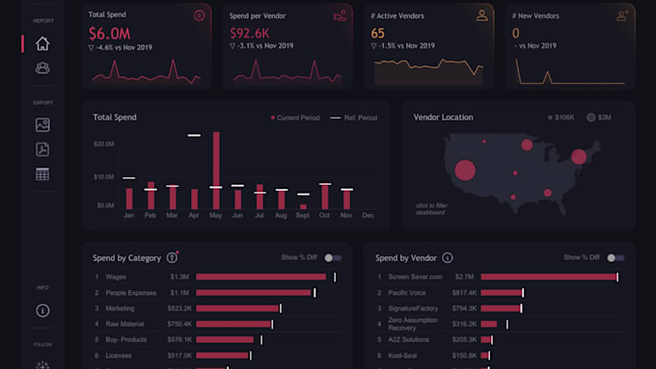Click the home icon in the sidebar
click(42, 43)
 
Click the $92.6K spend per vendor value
click(250, 33)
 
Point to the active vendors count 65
click(377, 33)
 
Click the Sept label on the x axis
click(303, 215)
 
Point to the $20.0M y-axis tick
click(104, 144)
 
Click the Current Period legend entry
click(296, 118)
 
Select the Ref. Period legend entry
click(354, 118)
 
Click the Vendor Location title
click(443, 118)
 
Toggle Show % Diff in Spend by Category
click(333, 258)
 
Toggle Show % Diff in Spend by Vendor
click(615, 258)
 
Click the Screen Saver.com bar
click(548, 277)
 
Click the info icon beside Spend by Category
click(172, 257)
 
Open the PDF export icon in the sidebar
click(42, 149)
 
